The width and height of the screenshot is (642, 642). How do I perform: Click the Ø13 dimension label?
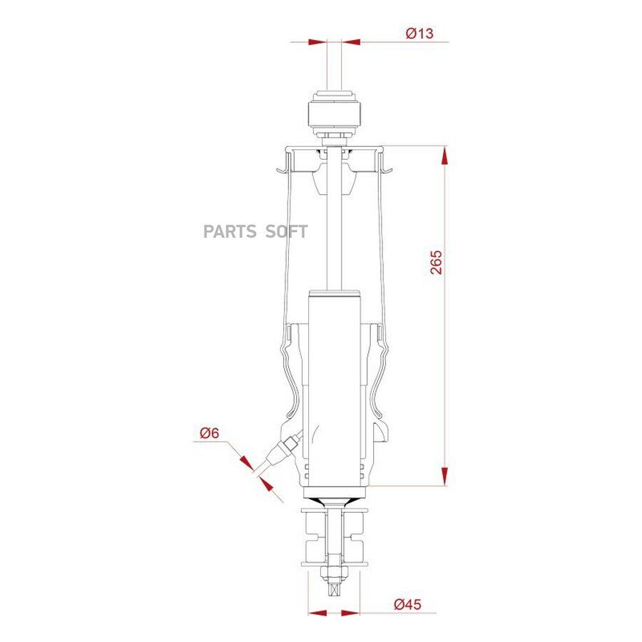tap(419, 33)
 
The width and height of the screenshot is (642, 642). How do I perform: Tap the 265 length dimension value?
tap(436, 262)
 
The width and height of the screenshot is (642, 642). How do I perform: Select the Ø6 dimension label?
tap(209, 433)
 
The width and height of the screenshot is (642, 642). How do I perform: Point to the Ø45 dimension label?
tap(407, 604)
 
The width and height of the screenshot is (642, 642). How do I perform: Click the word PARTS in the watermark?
tap(230, 232)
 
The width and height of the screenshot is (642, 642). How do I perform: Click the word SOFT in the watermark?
tap(286, 232)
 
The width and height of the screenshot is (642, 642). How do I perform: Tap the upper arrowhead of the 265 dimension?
tap(444, 156)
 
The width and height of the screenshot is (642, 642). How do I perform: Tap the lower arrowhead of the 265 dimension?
tap(444, 477)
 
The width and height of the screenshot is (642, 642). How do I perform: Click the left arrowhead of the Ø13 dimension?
tap(317, 42)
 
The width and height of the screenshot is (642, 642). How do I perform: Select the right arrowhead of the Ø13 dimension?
tap(351, 42)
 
